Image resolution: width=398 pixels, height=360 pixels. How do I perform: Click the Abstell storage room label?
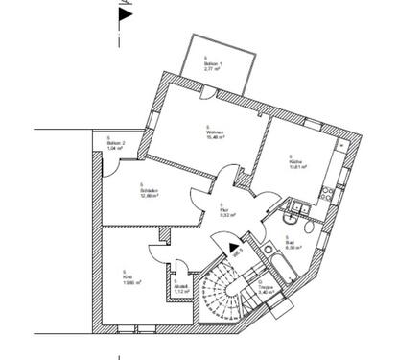(179, 288)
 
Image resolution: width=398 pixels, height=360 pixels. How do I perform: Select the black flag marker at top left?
(122, 13)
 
